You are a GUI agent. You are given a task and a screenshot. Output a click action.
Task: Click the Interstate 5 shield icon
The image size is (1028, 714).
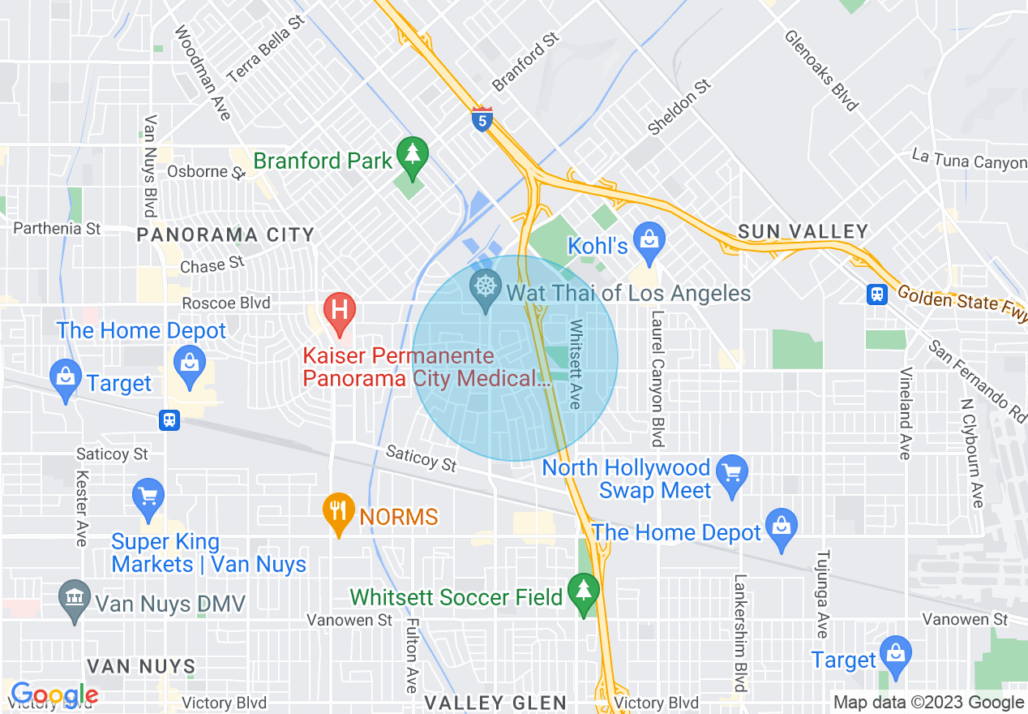[482, 119]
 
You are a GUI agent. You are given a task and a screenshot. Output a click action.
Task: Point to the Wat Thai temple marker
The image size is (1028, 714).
[485, 288]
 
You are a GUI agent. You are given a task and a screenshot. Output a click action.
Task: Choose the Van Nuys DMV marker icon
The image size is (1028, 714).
[75, 600]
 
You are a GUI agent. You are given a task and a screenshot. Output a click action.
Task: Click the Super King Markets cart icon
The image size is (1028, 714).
[148, 496]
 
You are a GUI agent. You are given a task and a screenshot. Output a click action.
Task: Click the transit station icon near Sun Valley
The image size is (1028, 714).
[876, 294]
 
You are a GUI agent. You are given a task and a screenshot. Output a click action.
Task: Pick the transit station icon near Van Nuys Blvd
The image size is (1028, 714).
[169, 419]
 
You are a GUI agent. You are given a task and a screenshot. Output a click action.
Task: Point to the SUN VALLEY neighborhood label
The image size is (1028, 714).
[803, 232]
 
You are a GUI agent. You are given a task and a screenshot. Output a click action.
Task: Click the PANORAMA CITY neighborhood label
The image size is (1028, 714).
[225, 235]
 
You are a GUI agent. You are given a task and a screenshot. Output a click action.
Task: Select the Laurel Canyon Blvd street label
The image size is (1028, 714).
[657, 377]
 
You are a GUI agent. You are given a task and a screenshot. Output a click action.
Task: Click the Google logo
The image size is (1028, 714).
[54, 695]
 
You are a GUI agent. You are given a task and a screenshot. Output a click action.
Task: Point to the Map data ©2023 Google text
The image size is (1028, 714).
[928, 703]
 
